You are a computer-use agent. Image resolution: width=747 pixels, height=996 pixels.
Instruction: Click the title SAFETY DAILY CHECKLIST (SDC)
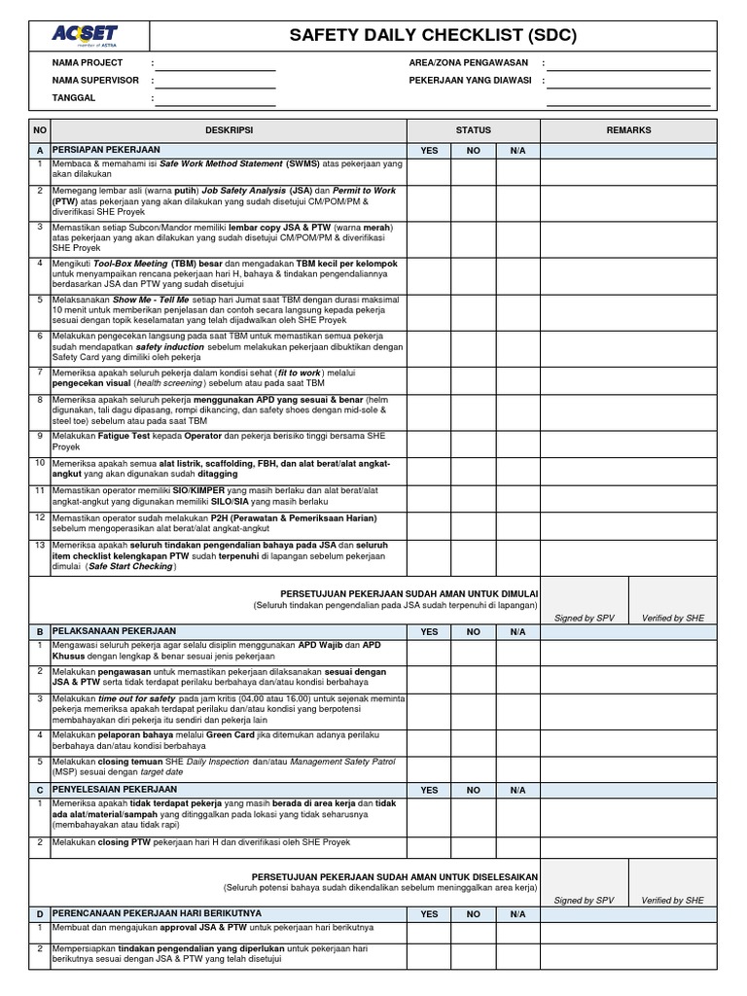(433, 36)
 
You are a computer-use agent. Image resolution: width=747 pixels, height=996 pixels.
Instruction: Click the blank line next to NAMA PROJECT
(215, 65)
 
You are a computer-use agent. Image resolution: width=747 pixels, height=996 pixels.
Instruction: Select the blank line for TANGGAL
(215, 100)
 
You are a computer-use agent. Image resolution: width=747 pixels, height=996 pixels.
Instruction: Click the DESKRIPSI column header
(229, 130)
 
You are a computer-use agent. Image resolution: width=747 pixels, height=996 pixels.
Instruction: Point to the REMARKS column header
(628, 130)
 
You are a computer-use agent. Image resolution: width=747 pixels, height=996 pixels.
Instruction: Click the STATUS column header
(474, 130)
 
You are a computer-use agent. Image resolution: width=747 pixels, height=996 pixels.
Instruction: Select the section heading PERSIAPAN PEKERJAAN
(107, 151)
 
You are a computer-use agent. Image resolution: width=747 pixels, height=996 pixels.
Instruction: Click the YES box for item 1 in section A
(429, 171)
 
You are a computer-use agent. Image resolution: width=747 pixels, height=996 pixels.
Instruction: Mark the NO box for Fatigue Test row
(474, 443)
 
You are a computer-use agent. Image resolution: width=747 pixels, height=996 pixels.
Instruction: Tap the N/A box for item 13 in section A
(517, 557)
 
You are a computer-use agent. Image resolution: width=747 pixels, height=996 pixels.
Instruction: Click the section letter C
(40, 790)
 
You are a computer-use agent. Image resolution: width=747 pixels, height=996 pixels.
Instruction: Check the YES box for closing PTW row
(429, 847)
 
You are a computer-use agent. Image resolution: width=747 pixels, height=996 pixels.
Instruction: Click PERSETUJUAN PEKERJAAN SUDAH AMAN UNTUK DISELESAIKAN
(395, 876)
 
